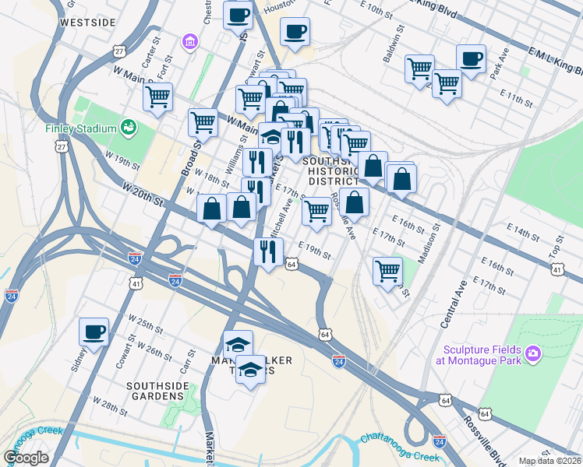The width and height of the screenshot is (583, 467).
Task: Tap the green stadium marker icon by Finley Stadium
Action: click(129, 126)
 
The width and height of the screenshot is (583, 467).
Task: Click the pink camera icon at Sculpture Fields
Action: click(533, 354)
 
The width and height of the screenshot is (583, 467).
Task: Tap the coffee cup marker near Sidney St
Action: click(94, 332)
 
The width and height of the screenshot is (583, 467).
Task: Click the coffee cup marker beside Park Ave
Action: click(471, 58)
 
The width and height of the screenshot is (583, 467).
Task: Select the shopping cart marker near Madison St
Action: click(387, 272)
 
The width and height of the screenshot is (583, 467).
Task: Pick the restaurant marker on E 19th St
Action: click(267, 251)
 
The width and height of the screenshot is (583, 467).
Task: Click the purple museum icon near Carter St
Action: click(187, 40)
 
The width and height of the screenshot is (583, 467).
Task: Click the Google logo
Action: click(26, 458)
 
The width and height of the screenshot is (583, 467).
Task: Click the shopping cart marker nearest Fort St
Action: click(157, 97)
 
